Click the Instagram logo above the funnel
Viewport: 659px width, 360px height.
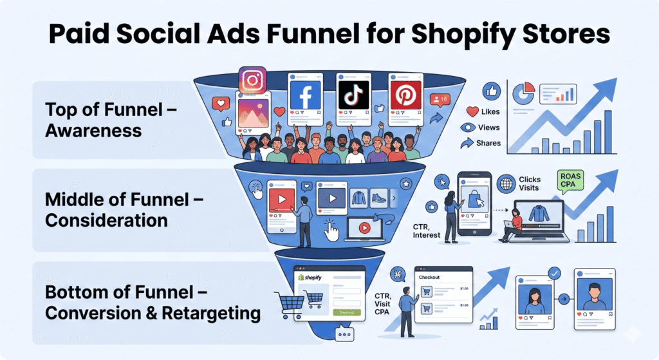[252, 81]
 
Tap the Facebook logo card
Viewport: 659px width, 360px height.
[306, 95]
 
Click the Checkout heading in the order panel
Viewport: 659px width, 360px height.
[429, 277]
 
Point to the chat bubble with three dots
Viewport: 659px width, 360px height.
[345, 335]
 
